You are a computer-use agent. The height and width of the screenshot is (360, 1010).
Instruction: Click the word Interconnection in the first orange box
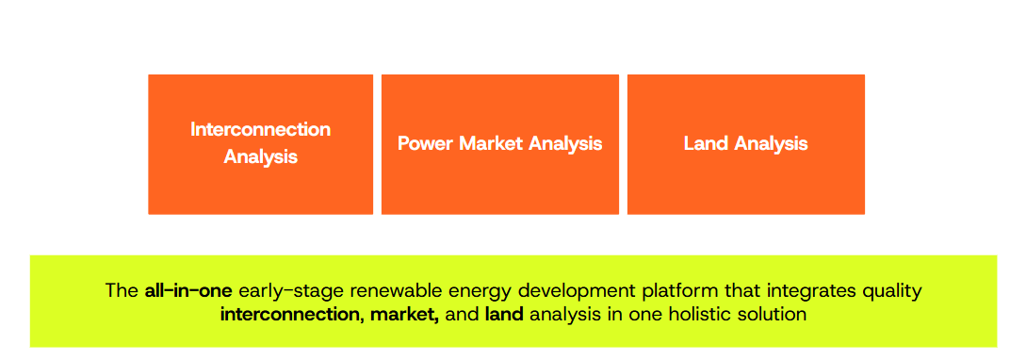click(260, 129)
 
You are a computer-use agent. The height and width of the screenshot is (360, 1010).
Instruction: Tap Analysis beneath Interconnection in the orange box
click(260, 156)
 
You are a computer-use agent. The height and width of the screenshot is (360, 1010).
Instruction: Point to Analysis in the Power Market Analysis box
click(565, 143)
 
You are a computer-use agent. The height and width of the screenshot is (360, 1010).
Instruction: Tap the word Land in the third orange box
click(706, 143)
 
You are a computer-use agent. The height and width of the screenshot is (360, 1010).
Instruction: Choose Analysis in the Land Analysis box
click(771, 143)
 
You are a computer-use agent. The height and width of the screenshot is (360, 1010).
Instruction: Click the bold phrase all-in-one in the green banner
click(187, 290)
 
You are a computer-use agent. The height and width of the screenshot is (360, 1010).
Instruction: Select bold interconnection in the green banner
click(286, 314)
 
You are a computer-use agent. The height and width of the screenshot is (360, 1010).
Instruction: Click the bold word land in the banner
click(504, 314)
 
